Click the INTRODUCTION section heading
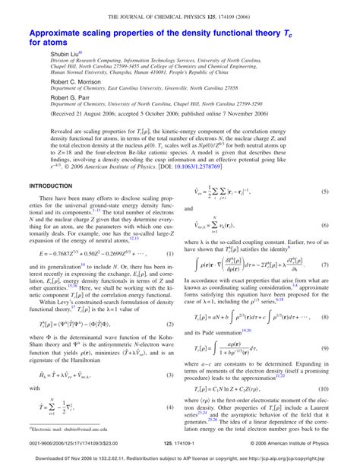click(x=50, y=207)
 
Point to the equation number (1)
click(x=171, y=274)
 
